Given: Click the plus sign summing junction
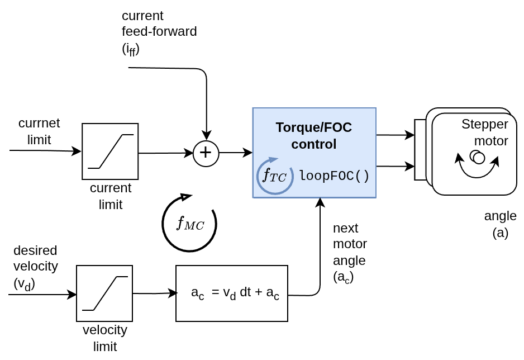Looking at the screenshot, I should pos(206,153).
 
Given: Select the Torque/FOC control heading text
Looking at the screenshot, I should pos(314,135).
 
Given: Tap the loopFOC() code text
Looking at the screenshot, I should pos(334,176).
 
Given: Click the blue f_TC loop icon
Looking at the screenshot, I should pos(274,176).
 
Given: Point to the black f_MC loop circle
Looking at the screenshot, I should pos(190,224).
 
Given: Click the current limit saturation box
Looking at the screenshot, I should pos(110,151).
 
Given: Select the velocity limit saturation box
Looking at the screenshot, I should pos(104,293).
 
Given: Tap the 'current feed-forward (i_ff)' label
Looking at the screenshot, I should pos(159,32).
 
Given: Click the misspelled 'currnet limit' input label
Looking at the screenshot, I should pos(39,131).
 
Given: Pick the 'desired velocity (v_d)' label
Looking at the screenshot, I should pos(35,267).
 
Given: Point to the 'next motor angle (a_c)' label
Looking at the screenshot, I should pos(350,253).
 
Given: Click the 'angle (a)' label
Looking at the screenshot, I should pos(501,224).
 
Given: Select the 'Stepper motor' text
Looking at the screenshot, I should pos(485,132).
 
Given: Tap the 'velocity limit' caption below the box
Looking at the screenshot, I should pos(105,338).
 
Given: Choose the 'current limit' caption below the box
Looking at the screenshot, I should pos(111,196).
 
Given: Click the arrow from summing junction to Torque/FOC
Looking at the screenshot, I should pos(236,153).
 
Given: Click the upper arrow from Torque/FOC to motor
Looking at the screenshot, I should pos(395,135).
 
